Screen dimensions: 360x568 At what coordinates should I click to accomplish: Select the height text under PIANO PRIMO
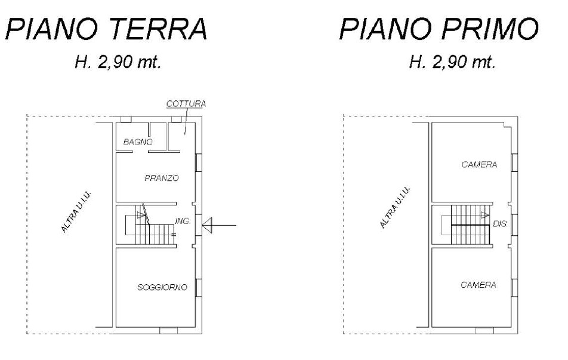[x=452, y=63]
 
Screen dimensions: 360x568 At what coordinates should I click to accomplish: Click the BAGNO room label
[x=138, y=142]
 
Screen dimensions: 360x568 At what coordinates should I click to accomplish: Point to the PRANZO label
[x=162, y=178]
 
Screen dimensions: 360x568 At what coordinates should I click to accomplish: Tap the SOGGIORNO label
[x=162, y=287]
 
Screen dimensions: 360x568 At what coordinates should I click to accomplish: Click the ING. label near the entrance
[x=183, y=221]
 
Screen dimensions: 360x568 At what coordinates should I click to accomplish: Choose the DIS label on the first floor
[x=500, y=224]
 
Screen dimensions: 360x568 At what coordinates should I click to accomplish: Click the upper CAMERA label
[x=479, y=165]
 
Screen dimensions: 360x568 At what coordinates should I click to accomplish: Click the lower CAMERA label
[x=478, y=285]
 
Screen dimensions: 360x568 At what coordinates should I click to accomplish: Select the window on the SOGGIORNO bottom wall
[x=168, y=330]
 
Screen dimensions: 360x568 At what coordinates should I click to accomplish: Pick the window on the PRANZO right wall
[x=199, y=162]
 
